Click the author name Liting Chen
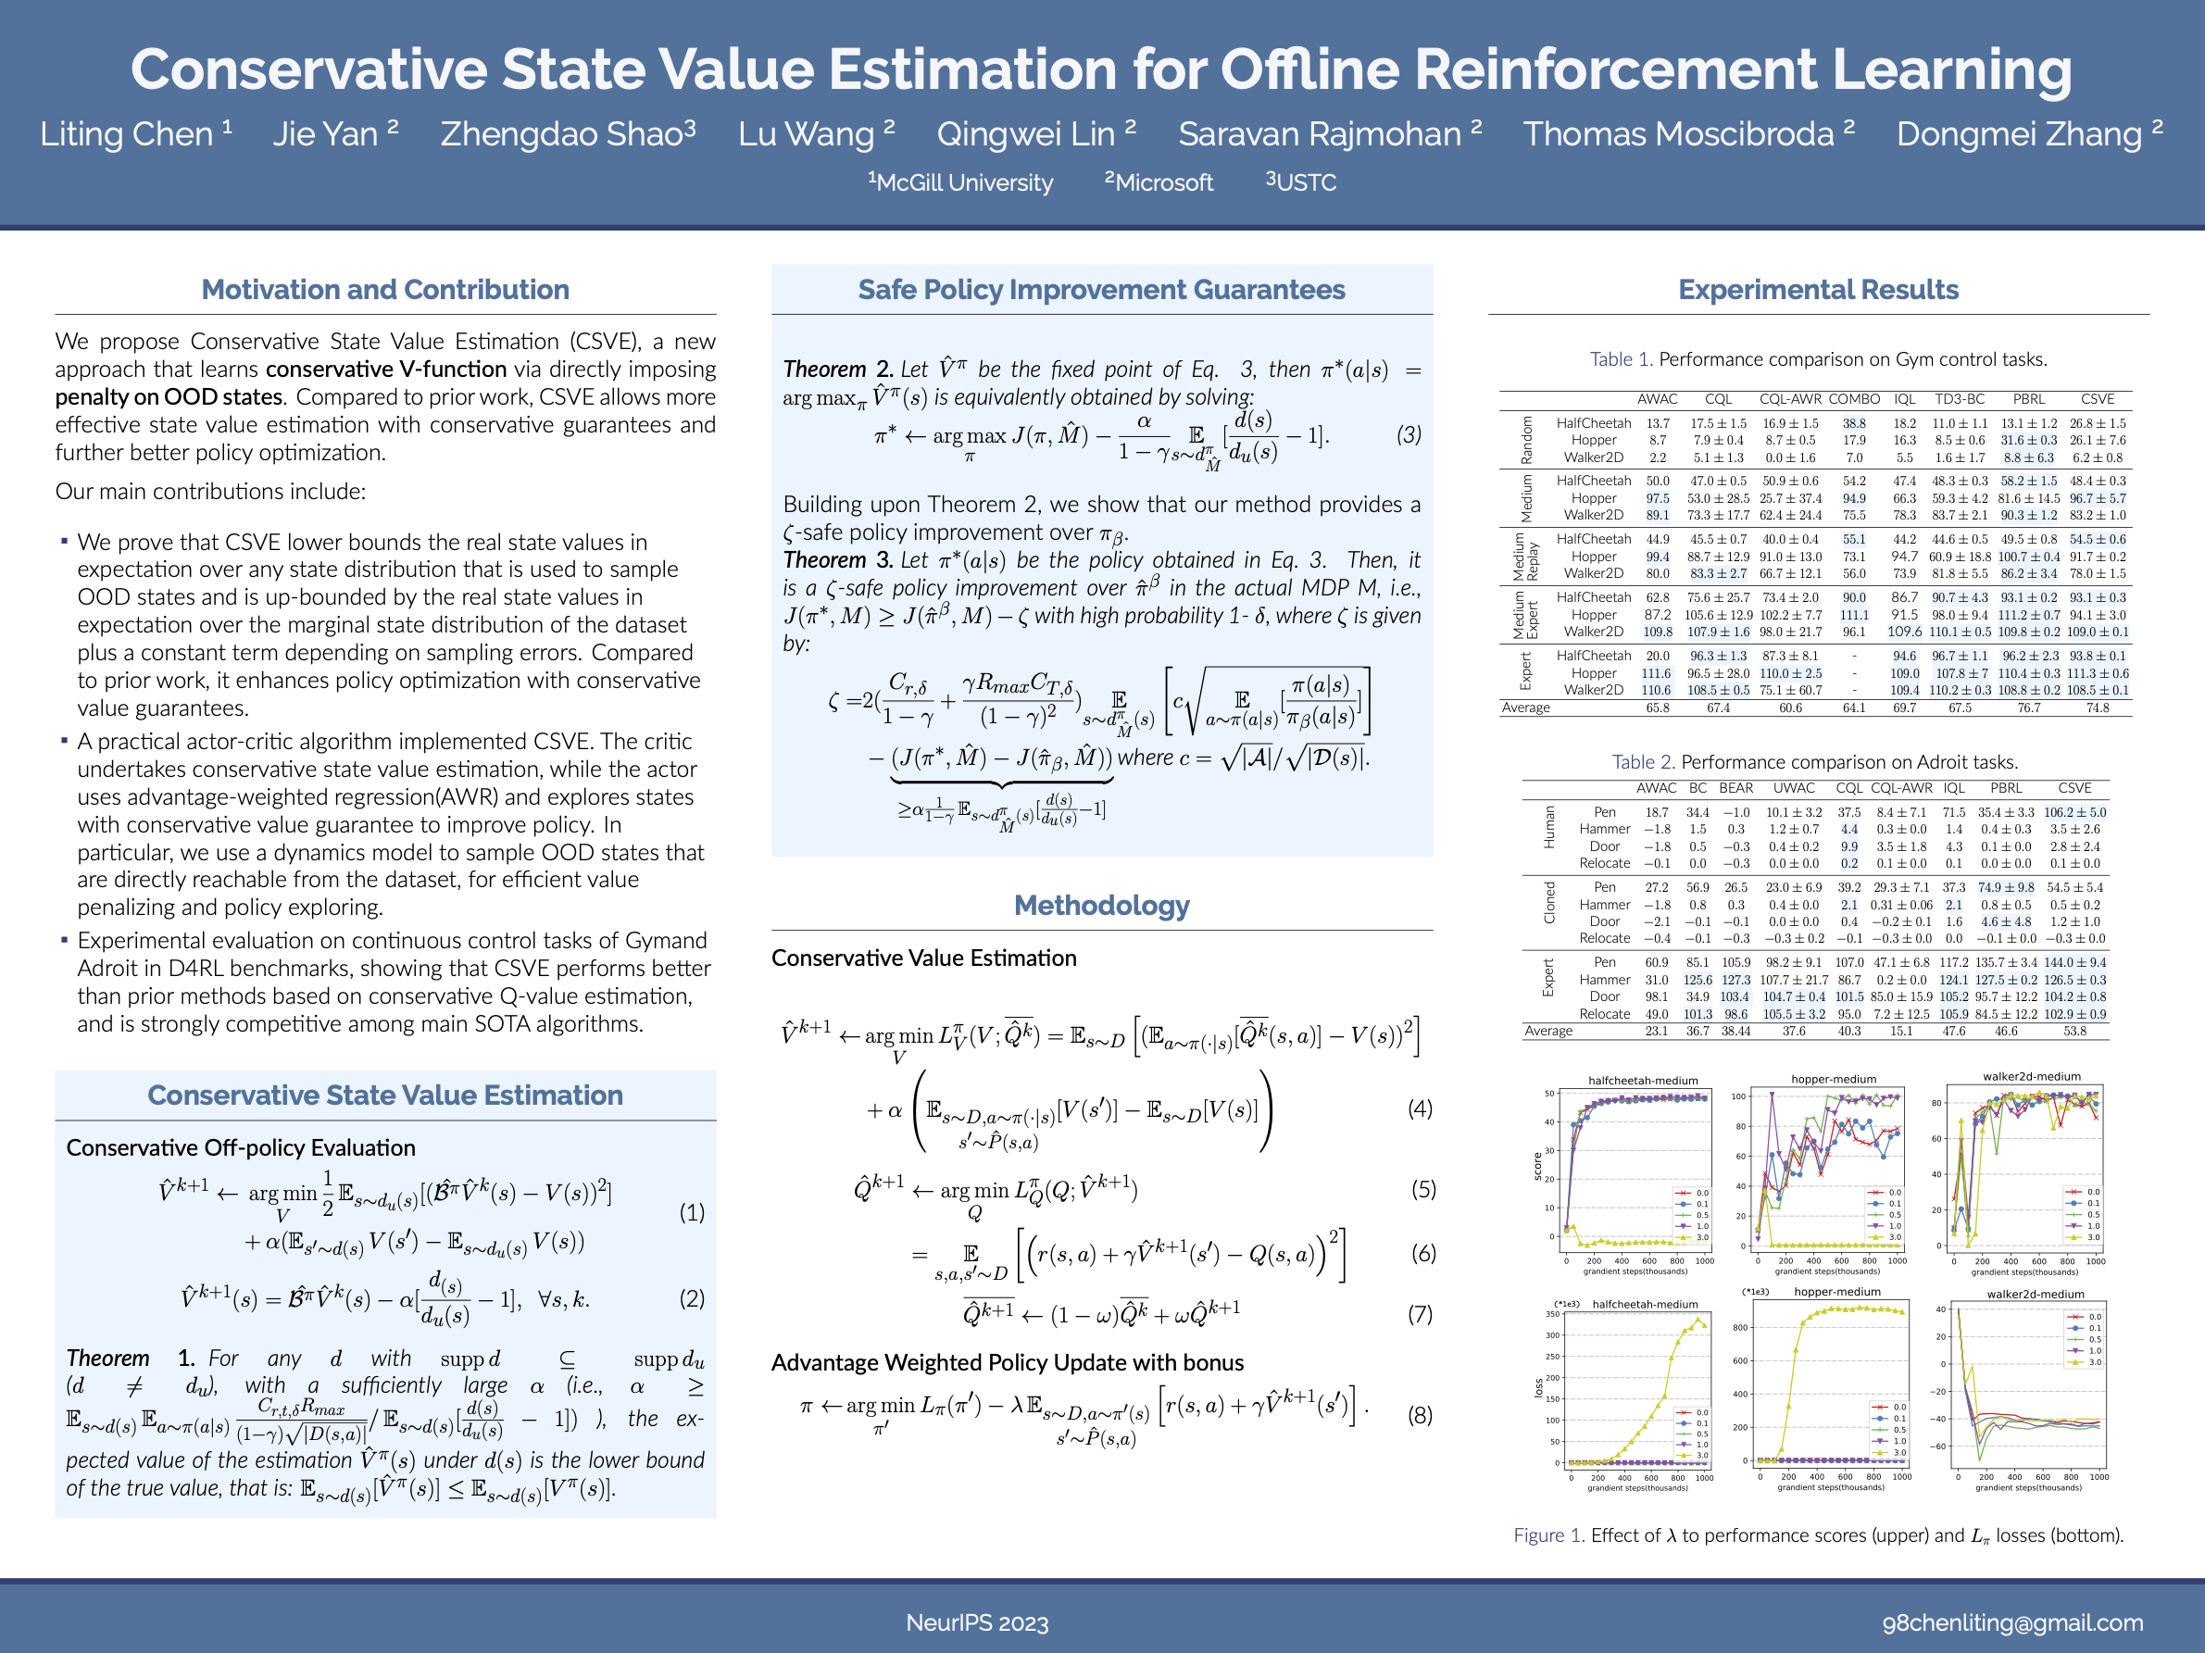127,133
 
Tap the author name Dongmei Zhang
2020,133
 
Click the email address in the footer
2012,1622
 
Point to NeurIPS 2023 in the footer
977,1623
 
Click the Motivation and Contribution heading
384,289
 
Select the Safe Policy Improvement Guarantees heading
1101,289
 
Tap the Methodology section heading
1101,906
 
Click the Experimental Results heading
1818,289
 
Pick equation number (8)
1420,1415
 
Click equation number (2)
692,1298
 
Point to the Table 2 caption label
1643,762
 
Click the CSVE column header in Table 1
2098,399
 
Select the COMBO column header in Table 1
1854,399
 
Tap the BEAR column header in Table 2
1735,788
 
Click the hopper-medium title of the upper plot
1834,1079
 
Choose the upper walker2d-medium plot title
2032,1076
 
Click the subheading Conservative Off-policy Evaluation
240,1147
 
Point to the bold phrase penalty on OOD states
169,396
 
